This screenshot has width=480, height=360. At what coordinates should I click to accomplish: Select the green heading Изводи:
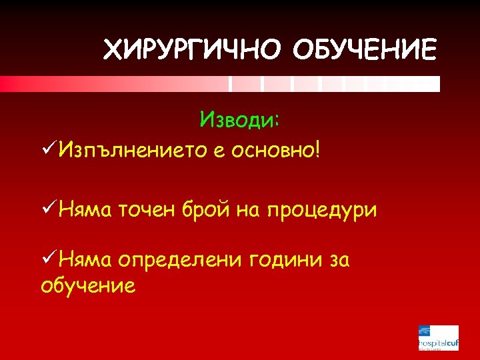click(240, 120)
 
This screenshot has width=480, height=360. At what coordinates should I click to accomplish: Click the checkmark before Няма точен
click(49, 209)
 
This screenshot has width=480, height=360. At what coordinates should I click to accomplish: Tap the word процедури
click(322, 211)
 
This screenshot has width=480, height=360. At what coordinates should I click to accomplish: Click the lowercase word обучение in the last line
click(88, 285)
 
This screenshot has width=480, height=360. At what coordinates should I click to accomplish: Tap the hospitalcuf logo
click(438, 337)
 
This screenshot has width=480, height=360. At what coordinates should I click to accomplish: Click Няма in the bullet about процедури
click(85, 210)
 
